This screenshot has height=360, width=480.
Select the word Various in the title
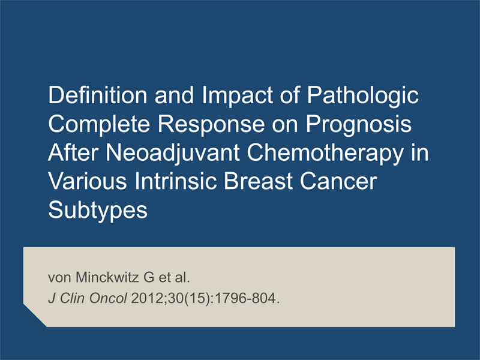pos(87,181)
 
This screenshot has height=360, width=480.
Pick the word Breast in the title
pos(258,181)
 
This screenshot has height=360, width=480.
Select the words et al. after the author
pos(174,277)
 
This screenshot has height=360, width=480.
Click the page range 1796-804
pos(247,298)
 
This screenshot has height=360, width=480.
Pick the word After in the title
pos(73,153)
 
